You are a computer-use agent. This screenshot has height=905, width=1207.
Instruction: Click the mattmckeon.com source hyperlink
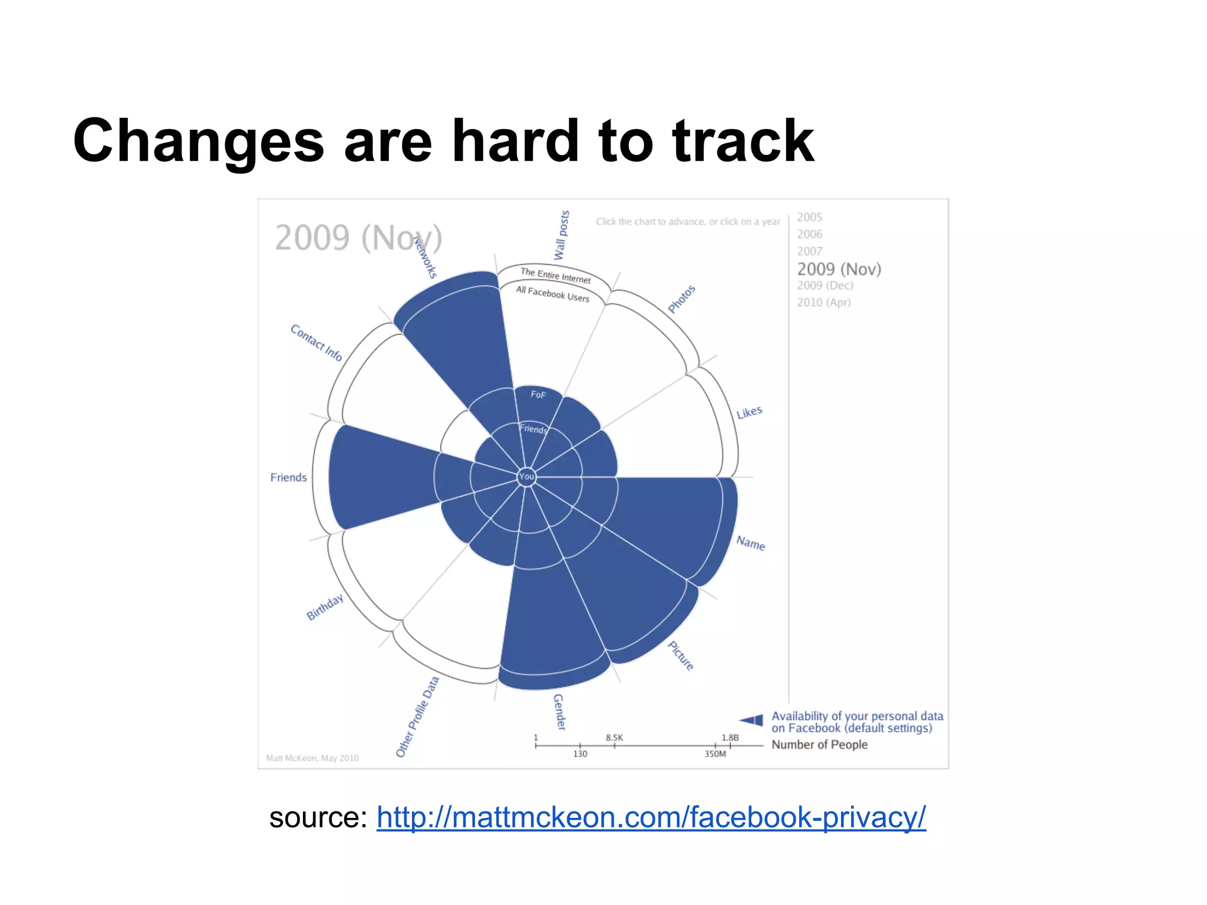pyautogui.click(x=651, y=818)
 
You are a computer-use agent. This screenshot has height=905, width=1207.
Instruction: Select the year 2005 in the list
pyautogui.click(x=809, y=217)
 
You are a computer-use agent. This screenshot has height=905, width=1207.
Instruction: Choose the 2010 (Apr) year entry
pyautogui.click(x=823, y=302)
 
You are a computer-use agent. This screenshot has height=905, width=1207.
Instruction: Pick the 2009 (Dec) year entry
pyautogui.click(x=825, y=286)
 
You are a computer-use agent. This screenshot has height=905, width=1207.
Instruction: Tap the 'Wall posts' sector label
pyautogui.click(x=562, y=235)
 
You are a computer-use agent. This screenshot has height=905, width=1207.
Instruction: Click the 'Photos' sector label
pyautogui.click(x=681, y=299)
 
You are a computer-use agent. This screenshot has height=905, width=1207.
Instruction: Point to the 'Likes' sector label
pyautogui.click(x=749, y=412)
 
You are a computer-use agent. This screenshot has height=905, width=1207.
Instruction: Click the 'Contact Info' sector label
pyautogui.click(x=316, y=342)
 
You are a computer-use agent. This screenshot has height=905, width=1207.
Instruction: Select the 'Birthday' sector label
pyautogui.click(x=325, y=607)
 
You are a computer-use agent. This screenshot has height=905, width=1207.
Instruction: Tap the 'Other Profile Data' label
pyautogui.click(x=417, y=716)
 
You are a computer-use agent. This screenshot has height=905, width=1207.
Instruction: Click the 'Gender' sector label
pyautogui.click(x=559, y=712)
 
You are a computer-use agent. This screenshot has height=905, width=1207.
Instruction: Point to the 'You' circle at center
pyautogui.click(x=526, y=477)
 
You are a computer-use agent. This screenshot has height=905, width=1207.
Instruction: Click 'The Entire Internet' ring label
pyautogui.click(x=555, y=275)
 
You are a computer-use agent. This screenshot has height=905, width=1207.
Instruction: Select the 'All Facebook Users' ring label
pyautogui.click(x=552, y=293)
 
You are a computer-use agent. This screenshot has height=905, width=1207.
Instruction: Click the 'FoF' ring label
pyautogui.click(x=538, y=394)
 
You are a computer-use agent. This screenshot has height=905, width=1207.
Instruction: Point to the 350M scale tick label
pyautogui.click(x=715, y=754)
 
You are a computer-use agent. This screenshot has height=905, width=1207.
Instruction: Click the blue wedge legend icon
pyautogui.click(x=751, y=720)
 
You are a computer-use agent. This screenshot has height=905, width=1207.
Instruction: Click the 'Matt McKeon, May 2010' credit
pyautogui.click(x=312, y=758)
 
